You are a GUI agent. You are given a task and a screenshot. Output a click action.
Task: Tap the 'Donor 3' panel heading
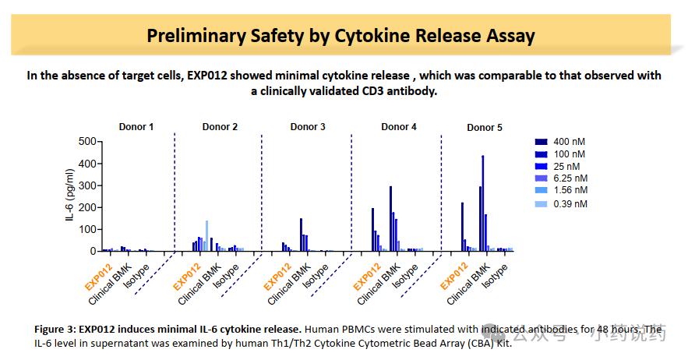coord(309,126)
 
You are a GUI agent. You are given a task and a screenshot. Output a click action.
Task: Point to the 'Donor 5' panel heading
coord(485,127)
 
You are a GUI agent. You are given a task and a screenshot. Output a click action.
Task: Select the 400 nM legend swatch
coord(541,142)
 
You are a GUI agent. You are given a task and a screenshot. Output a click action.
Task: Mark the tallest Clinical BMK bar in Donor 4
coord(390,218)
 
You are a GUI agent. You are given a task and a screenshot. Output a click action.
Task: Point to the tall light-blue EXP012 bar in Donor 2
coord(206,235)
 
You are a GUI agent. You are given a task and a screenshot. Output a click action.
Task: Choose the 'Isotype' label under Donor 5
coord(496,275)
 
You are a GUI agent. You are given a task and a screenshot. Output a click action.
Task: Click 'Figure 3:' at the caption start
coord(58,330)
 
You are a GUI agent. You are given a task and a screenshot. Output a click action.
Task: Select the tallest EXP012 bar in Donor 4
coord(372,229)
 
